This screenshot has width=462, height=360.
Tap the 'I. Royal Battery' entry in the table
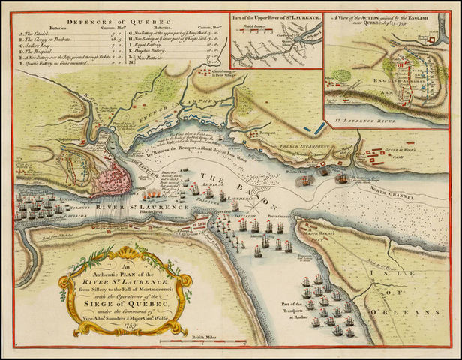154,47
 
